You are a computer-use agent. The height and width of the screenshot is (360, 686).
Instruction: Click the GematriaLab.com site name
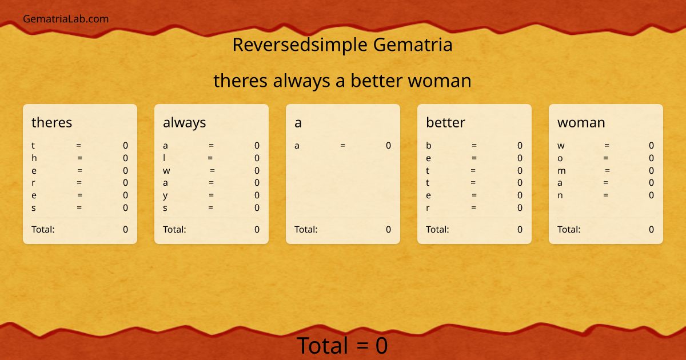(66, 19)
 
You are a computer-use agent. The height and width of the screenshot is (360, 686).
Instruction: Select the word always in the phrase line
(301, 81)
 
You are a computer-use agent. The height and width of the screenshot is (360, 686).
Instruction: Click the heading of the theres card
(52, 122)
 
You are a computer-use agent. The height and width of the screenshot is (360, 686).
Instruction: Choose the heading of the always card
(185, 122)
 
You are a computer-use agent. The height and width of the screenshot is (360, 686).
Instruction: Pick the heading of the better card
(445, 122)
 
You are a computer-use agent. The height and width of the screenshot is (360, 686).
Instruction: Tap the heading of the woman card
(581, 122)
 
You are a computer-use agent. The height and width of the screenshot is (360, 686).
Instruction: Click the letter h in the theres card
(34, 158)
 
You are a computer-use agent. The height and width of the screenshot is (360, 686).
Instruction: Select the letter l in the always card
(165, 158)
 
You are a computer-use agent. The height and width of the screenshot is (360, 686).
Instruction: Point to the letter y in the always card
(165, 195)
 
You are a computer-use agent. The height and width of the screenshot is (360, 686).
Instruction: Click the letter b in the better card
(428, 146)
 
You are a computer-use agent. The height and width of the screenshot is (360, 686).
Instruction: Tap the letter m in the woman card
(561, 170)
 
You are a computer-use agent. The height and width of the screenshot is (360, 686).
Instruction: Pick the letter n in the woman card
(560, 195)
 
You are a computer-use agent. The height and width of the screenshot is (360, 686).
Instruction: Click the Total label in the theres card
(43, 230)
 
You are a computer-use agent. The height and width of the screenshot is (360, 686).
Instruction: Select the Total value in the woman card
(651, 230)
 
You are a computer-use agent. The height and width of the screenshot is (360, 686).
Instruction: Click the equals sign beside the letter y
(211, 195)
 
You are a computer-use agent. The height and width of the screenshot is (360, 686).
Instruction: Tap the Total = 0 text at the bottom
(342, 346)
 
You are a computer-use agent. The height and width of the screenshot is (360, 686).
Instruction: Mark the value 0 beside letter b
(520, 146)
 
